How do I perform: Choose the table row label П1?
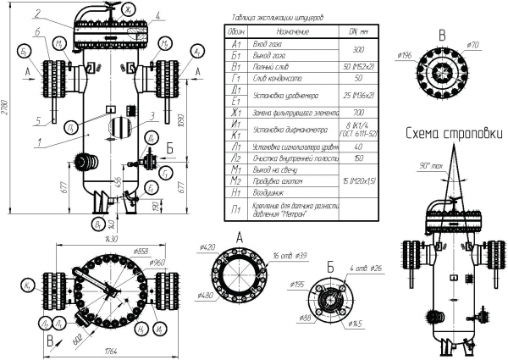(235, 208)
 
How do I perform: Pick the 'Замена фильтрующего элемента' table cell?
(288, 112)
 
